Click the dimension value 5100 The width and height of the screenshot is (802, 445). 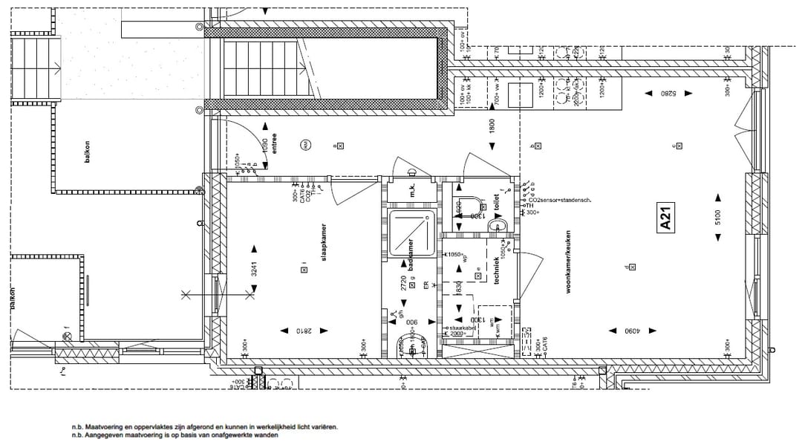click(x=717, y=218)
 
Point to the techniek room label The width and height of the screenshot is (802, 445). click(x=496, y=270)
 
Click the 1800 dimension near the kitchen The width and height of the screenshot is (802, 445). click(x=492, y=126)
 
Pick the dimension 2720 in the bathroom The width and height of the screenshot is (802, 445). click(x=403, y=281)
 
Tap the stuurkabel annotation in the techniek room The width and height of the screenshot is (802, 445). click(x=463, y=327)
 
